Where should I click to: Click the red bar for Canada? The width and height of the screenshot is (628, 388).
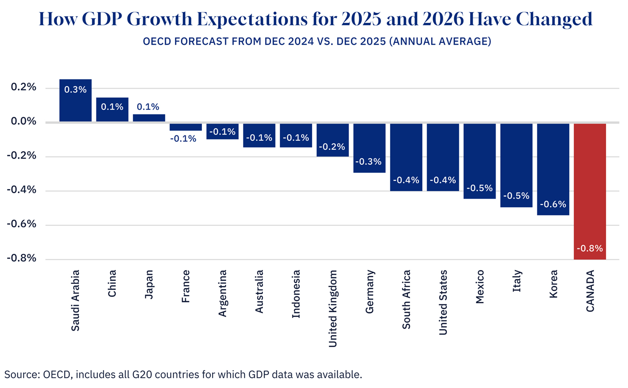pos(590,191)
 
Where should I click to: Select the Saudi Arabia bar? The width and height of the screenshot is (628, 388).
pos(75,100)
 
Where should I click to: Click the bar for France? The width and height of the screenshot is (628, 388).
pos(186,126)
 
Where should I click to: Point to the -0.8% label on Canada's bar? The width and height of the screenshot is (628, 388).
pos(590,248)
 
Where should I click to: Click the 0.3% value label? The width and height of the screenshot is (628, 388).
pos(75,89)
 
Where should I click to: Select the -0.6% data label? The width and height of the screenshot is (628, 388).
pos(553,204)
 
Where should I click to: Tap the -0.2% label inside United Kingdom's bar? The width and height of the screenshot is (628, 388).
pos(332,146)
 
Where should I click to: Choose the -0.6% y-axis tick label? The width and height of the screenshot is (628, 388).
pos(22,224)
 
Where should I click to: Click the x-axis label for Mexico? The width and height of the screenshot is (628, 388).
pos(480,287)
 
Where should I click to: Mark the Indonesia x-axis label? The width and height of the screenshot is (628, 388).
pos(296,294)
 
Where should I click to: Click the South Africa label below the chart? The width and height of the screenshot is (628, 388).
pos(406,299)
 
